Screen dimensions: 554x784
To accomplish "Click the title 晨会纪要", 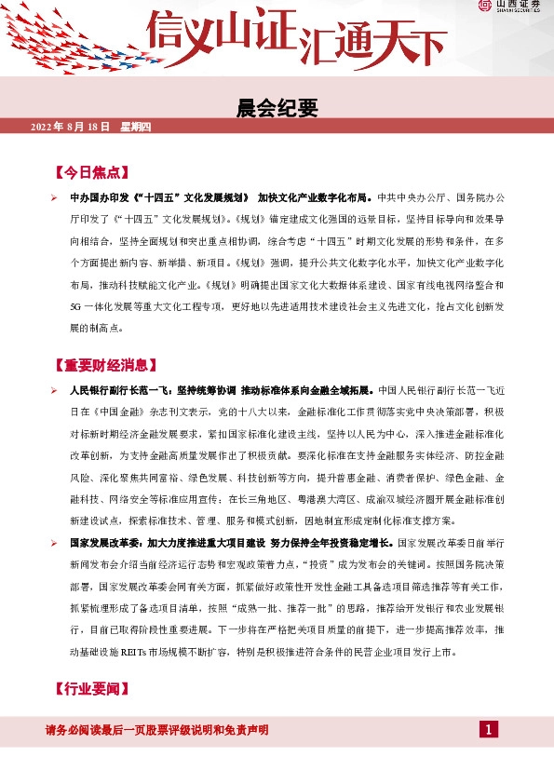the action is click(277, 109).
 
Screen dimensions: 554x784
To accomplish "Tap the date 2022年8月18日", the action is click(71, 127).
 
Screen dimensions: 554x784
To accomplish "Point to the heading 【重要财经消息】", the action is click(108, 365).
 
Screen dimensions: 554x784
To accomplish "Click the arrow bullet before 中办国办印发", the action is click(55, 198).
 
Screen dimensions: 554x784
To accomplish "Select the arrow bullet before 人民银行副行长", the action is click(55, 390).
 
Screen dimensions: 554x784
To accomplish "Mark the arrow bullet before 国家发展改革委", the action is click(55, 541).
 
